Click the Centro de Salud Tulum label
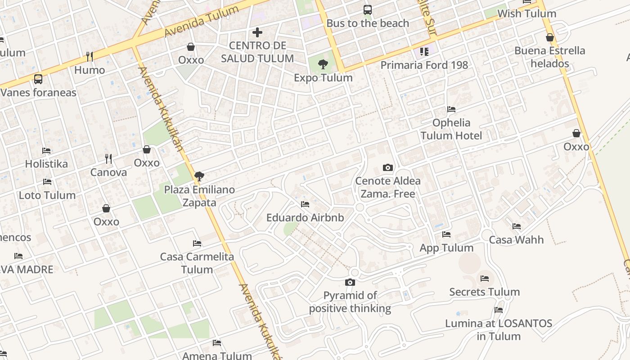[x=257, y=52]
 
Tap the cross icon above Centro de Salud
[x=257, y=32]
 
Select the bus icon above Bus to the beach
[x=368, y=9]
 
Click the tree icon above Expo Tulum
[x=323, y=64]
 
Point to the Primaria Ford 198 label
[x=424, y=65]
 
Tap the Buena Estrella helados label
[x=549, y=57]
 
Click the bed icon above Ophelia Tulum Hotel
[x=451, y=109]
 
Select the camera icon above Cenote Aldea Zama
[x=387, y=168]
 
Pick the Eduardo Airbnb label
[x=305, y=218]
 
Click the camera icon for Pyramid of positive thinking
[x=350, y=283]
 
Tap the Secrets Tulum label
[x=484, y=292]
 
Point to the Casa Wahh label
[x=516, y=240]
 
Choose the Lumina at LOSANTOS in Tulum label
[x=499, y=329]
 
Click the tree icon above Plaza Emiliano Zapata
[x=199, y=176]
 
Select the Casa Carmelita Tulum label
[x=197, y=263]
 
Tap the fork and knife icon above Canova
[x=108, y=159]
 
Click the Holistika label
[x=46, y=164]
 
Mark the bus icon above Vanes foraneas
[x=38, y=79]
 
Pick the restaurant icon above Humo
[x=90, y=57]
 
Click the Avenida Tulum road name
[x=201, y=22]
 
